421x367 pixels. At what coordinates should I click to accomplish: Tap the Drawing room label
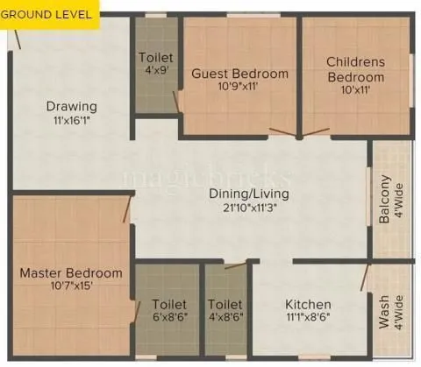[72, 107]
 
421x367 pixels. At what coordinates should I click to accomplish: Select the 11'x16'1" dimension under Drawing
[72, 121]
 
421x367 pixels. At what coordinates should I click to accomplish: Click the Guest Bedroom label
[239, 74]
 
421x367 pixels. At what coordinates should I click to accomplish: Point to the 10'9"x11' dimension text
[239, 88]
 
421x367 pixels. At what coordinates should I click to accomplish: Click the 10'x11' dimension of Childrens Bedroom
[356, 90]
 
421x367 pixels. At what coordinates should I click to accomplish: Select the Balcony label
[385, 201]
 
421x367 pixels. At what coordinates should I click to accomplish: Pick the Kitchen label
[309, 304]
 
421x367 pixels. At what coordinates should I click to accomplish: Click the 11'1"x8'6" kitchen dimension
[309, 318]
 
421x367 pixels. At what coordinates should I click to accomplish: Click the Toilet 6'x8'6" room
[168, 311]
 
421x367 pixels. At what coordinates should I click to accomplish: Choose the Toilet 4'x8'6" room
[225, 311]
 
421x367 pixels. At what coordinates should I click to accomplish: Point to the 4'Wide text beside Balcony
[399, 201]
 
